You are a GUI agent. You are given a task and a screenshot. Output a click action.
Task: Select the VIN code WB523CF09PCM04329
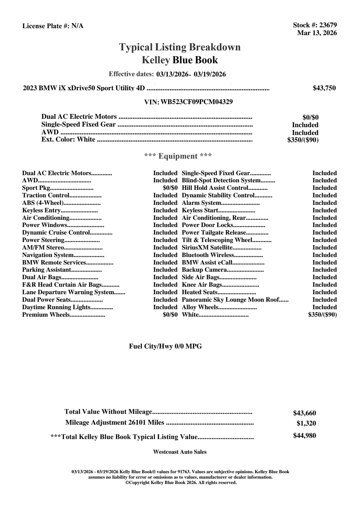(197, 102)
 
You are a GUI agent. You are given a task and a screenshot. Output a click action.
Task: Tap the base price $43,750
(324, 88)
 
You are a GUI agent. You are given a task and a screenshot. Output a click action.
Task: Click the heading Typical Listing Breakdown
(180, 47)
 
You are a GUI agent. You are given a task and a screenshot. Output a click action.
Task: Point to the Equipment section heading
(178, 156)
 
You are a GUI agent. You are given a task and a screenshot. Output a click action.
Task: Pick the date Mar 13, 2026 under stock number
(317, 33)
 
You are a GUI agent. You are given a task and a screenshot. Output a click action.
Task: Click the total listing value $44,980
(304, 436)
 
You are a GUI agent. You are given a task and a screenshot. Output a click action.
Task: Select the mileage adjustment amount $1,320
(306, 423)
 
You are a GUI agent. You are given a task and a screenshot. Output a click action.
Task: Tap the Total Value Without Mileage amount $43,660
(304, 413)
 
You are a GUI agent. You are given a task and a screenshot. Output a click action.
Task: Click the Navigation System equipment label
(48, 255)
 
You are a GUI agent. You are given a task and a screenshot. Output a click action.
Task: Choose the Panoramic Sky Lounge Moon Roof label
(230, 300)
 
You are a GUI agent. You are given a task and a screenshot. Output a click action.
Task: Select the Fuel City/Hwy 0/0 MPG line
(165, 346)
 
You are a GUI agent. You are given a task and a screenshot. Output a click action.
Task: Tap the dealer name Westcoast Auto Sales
(180, 452)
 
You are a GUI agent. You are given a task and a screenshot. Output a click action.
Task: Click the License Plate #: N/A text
(53, 26)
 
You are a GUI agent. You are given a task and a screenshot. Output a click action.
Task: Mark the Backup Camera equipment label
(204, 270)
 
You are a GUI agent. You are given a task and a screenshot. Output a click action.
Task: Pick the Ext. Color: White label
(68, 139)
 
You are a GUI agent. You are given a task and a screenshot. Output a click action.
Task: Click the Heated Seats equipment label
(200, 292)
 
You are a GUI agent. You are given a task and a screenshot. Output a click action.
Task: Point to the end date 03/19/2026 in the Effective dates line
(210, 74)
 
